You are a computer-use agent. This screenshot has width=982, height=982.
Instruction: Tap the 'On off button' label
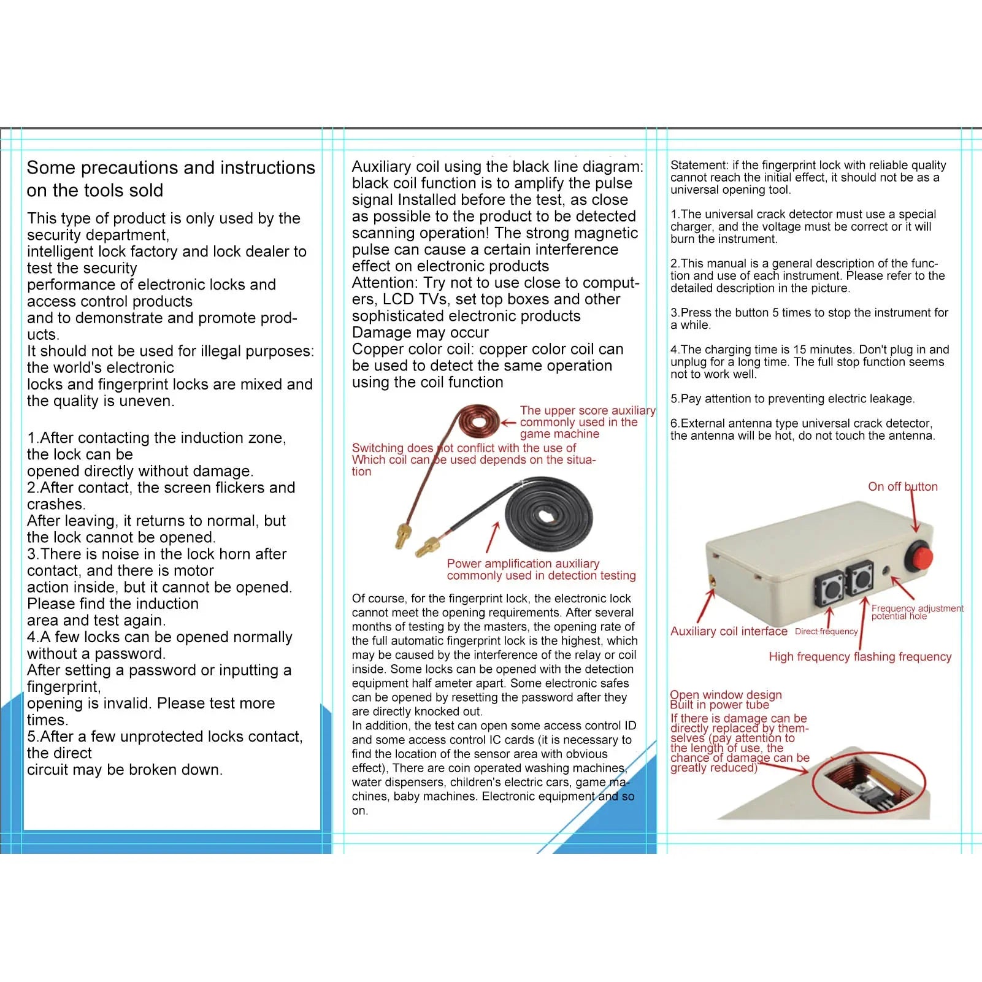point(902,486)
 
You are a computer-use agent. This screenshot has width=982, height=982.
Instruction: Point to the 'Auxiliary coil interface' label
point(729,631)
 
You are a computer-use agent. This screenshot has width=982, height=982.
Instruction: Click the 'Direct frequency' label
point(826,631)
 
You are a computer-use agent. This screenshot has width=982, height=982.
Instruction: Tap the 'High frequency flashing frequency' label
point(860,656)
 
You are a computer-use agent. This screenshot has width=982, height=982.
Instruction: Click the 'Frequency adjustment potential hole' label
point(917,612)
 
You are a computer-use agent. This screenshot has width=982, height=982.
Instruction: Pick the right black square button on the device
point(860,578)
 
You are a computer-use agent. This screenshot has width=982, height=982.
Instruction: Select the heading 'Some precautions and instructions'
point(171,167)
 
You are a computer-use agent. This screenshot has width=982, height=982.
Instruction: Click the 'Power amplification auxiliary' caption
point(523,563)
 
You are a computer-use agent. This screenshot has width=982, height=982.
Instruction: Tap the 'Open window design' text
point(726,694)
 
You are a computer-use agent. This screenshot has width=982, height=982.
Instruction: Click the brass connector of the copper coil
point(402,535)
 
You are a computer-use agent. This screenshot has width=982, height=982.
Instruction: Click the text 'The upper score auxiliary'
point(587,410)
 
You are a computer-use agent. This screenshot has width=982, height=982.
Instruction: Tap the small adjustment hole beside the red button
point(886,570)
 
